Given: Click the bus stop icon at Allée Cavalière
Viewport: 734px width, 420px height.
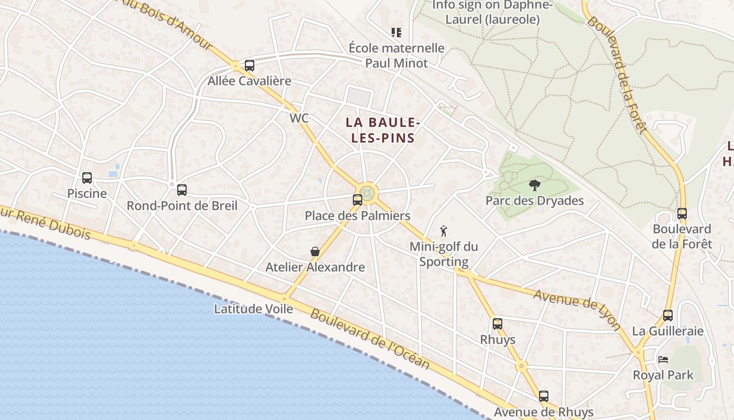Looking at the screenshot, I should pyautogui.click(x=250, y=66).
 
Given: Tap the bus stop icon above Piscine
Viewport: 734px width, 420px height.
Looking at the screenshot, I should pyautogui.click(x=87, y=178).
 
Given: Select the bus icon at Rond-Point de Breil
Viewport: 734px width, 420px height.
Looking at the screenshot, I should pyautogui.click(x=182, y=190).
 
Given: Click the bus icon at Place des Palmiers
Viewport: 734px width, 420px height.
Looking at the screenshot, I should pyautogui.click(x=358, y=199).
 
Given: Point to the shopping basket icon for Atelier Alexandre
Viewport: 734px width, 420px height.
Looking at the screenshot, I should pyautogui.click(x=315, y=251).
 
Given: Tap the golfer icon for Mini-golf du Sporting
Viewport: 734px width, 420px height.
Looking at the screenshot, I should pyautogui.click(x=444, y=230).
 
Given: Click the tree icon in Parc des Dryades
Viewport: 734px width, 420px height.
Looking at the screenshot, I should pyautogui.click(x=534, y=185).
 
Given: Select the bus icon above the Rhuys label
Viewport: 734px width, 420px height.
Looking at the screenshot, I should pyautogui.click(x=498, y=324).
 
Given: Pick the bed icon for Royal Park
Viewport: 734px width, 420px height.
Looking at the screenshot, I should pyautogui.click(x=663, y=360).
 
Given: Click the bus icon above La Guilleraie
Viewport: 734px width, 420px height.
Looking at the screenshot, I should pyautogui.click(x=668, y=316).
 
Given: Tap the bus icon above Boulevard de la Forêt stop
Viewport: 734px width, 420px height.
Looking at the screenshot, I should pyautogui.click(x=682, y=214).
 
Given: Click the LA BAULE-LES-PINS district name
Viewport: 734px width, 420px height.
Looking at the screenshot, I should pyautogui.click(x=383, y=130).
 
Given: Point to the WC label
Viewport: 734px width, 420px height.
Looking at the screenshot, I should pyautogui.click(x=299, y=119).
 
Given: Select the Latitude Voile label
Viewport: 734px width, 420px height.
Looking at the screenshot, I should pyautogui.click(x=253, y=309).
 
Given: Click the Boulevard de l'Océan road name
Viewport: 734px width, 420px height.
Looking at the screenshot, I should pyautogui.click(x=370, y=340).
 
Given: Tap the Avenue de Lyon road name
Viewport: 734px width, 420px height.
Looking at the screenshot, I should pyautogui.click(x=577, y=310).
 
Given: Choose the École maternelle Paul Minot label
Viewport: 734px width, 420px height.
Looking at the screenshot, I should pyautogui.click(x=396, y=56).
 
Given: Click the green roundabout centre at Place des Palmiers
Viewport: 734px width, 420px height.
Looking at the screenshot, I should pyautogui.click(x=368, y=193).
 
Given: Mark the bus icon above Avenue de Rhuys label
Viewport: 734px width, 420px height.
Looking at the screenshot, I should pyautogui.click(x=544, y=396).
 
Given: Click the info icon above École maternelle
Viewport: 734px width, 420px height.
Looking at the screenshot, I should pyautogui.click(x=396, y=33).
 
